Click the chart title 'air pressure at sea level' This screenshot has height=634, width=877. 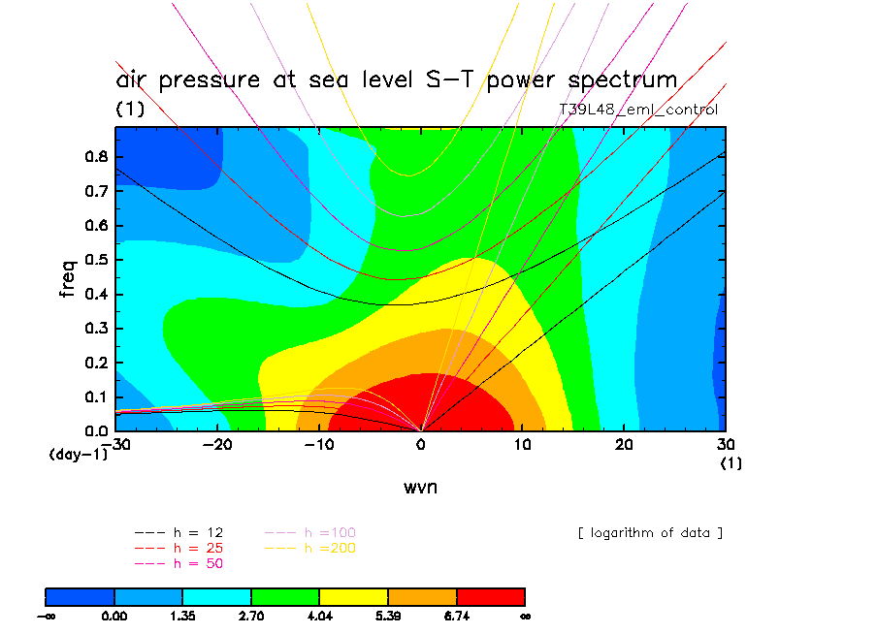(396, 79)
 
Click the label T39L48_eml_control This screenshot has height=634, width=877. (638, 110)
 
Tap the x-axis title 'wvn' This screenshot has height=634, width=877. (420, 487)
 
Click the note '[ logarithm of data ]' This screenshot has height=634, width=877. (650, 532)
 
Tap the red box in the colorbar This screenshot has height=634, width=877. (490, 596)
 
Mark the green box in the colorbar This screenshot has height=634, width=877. (285, 596)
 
